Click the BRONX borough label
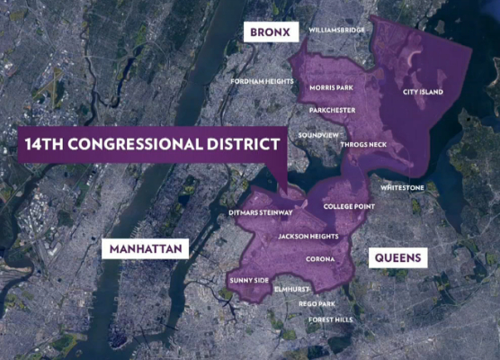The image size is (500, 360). click(x=270, y=32)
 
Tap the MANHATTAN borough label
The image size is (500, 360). click(x=144, y=248)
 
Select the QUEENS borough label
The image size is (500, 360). click(x=397, y=257)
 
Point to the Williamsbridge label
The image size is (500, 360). click(x=337, y=30)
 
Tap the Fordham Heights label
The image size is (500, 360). click(x=262, y=81)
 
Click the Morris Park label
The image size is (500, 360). click(x=332, y=88)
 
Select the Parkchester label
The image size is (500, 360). click(x=332, y=110)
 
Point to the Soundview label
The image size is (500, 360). click(x=318, y=135)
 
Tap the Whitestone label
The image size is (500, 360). click(x=402, y=188)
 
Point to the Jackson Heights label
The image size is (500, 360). click(x=308, y=237)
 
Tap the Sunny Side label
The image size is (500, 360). click(x=249, y=280)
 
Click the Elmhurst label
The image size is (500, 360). click(x=292, y=290)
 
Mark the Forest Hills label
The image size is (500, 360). click(x=330, y=319)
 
